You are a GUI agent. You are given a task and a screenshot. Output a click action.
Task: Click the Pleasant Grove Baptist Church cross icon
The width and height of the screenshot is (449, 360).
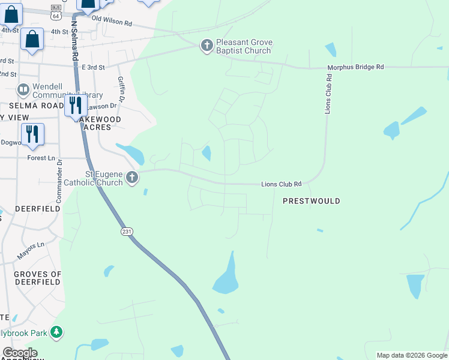coord(206,46)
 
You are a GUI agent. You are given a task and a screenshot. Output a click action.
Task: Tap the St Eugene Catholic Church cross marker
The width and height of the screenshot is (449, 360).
coord(132,178)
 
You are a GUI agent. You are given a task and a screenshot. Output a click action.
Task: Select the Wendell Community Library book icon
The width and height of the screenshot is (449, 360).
coord(23,90)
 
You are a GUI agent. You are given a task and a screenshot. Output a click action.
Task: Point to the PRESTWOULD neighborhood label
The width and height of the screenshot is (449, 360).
coord(311,201)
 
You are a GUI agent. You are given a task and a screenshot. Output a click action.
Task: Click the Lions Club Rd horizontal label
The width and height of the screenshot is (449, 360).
coord(281,184)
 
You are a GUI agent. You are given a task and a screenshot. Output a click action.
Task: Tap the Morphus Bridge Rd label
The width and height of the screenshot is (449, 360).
coord(355,67)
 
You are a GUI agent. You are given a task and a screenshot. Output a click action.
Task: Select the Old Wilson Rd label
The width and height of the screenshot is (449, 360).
coord(112,22)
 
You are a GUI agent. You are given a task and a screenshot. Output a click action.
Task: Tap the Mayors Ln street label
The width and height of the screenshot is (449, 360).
coord(31,250)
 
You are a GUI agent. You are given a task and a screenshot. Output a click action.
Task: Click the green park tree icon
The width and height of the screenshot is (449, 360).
coord(56,331)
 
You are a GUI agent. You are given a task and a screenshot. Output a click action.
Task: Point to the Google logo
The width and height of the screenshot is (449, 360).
coord(20,353)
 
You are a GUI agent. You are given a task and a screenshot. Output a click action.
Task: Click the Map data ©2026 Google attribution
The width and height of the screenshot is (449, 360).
coord(412,355)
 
